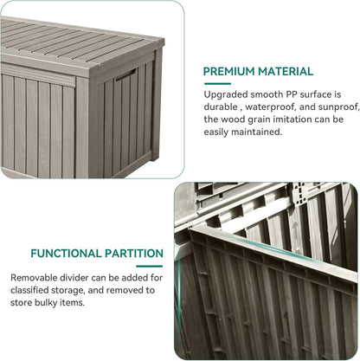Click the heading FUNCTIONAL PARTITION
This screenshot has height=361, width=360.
point(97,254)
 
